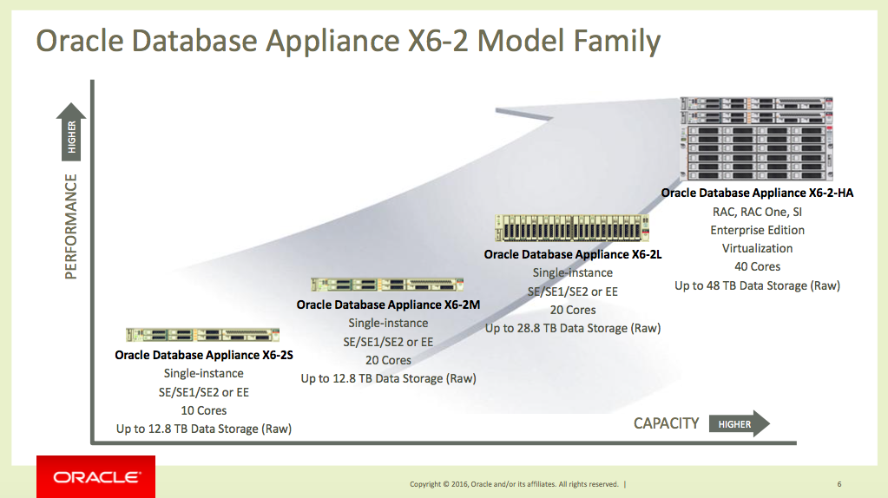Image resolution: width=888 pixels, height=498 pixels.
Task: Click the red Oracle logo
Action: [95, 476]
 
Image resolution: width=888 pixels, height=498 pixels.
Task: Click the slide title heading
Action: [346, 41]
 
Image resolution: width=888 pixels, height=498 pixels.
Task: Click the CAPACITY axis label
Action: [666, 423]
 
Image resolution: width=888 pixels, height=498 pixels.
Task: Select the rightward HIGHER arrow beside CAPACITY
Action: [739, 423]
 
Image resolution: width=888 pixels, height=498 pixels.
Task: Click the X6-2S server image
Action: [203, 334]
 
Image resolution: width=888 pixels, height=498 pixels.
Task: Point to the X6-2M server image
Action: [387, 284]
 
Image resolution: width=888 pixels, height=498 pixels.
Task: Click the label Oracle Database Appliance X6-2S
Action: [203, 355]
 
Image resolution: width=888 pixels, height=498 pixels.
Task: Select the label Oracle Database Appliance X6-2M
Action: [387, 305]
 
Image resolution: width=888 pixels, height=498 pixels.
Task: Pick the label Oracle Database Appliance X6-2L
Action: [573, 254]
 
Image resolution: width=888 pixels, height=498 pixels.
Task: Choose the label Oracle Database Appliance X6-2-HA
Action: [757, 193]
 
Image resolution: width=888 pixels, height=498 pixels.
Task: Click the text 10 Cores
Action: [203, 410]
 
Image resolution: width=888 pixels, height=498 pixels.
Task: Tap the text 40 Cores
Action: [757, 266]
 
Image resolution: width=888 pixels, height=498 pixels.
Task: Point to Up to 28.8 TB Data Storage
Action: [573, 328]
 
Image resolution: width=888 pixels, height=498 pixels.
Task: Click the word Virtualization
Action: [757, 248]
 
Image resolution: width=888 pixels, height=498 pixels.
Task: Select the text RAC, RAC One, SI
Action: [757, 212]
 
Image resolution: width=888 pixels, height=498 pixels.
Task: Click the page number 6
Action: [839, 483]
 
